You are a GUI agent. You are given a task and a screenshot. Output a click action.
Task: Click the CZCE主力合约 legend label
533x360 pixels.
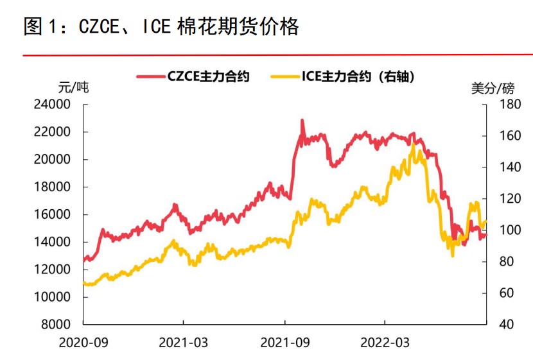coord(208,76)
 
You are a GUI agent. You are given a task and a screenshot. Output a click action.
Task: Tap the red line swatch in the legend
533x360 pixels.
coord(150,76)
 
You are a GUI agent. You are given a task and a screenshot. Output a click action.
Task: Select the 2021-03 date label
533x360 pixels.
coord(182,343)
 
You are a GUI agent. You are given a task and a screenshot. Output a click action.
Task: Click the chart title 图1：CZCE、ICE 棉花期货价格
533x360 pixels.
coord(161,27)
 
